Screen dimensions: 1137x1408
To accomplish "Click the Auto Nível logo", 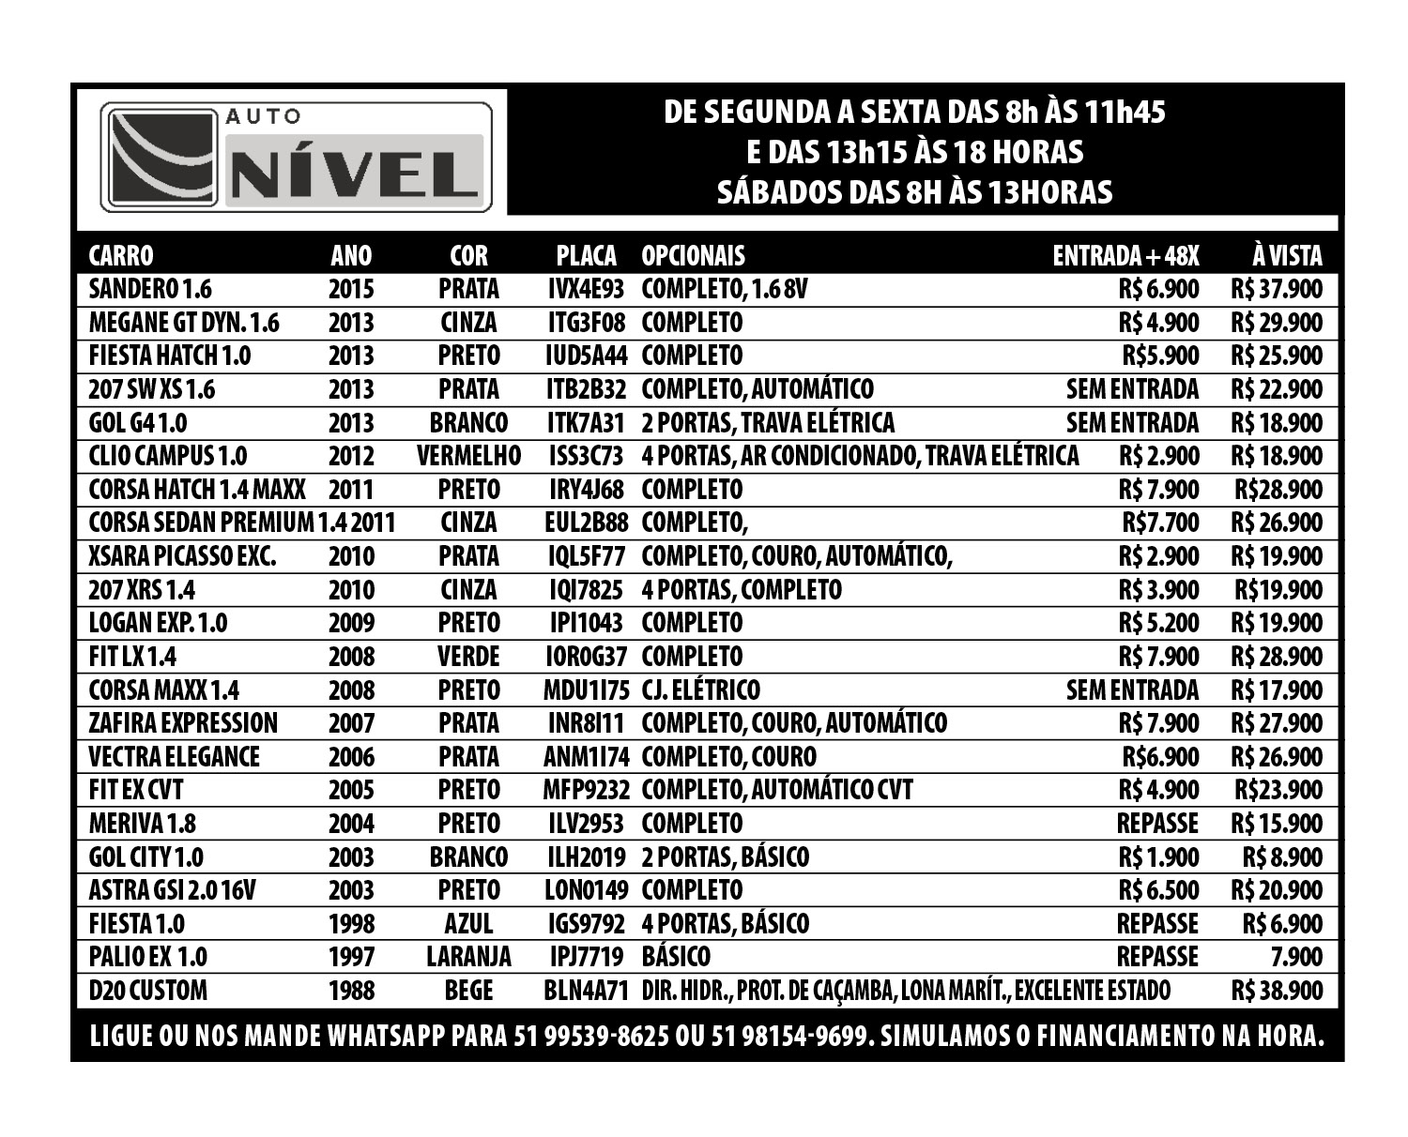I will click(x=296, y=157).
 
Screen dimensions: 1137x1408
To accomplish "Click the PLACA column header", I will click(x=586, y=255).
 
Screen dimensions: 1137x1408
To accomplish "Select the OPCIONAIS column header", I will click(x=693, y=255).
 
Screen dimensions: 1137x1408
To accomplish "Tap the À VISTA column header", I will click(x=1286, y=255).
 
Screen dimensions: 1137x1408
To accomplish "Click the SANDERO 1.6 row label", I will click(x=150, y=289).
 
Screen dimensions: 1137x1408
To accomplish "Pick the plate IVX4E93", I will click(x=586, y=289).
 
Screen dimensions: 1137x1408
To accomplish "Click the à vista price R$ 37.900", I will click(x=1276, y=289).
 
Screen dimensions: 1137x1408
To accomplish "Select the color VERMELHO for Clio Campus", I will click(x=468, y=456).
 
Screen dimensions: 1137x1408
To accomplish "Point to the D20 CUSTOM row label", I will click(x=148, y=991).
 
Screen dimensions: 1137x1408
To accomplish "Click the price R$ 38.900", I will click(x=1276, y=991).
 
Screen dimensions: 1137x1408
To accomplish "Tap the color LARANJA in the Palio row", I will click(x=468, y=957).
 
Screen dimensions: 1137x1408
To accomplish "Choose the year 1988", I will click(x=351, y=991).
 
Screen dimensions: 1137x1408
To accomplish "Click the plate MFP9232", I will click(x=586, y=790).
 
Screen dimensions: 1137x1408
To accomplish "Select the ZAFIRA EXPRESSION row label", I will click(x=183, y=723).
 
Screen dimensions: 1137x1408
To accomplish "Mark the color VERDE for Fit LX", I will click(x=468, y=657).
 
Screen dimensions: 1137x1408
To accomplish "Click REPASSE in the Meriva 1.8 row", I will click(x=1157, y=824).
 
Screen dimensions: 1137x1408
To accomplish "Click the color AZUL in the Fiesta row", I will click(x=468, y=924).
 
